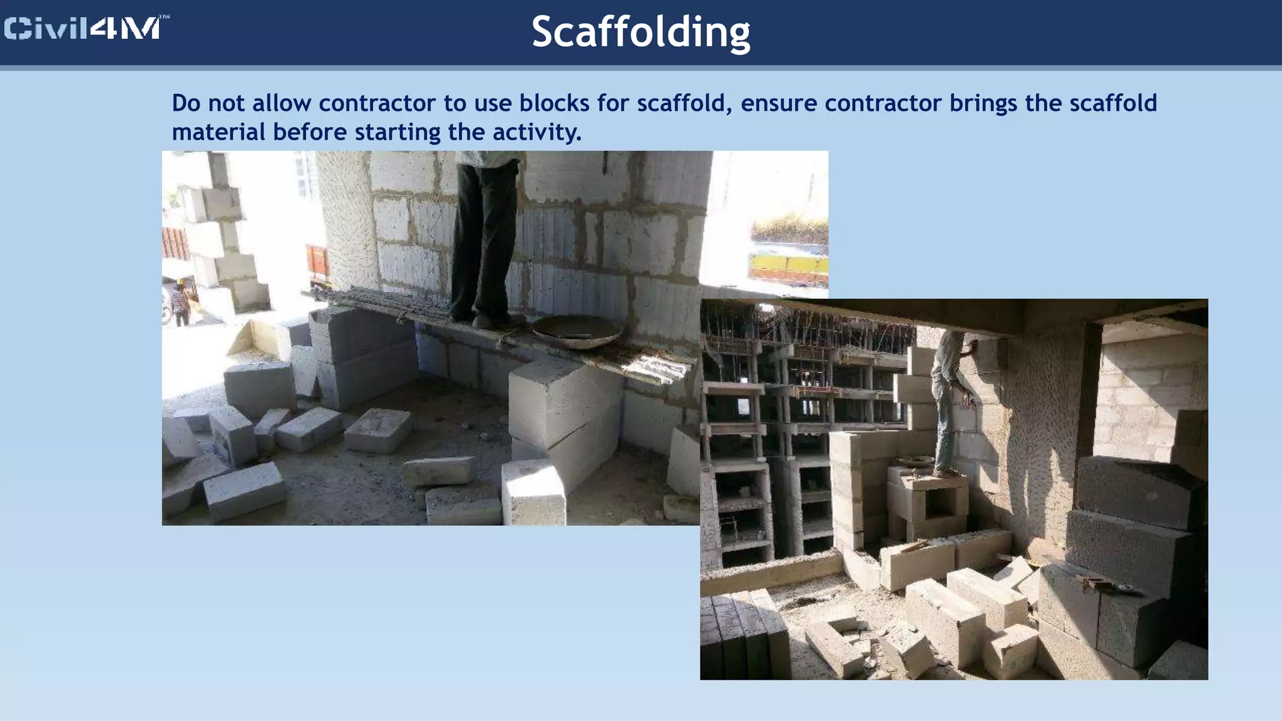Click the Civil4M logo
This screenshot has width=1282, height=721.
point(86,29)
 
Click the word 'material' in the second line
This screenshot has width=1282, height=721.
point(218,132)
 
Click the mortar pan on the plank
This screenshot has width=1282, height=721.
point(576,330)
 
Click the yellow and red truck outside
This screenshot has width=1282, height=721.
point(789,263)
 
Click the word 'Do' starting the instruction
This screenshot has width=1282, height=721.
point(186,103)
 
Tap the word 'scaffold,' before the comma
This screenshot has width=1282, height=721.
point(684,103)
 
